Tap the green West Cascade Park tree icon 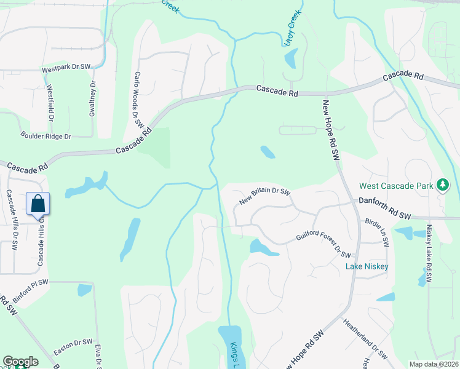pos(442,184)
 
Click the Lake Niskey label pos(367,266)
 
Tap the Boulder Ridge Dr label pos(46,136)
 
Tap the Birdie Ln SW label pos(377,232)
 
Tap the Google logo pos(21,362)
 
